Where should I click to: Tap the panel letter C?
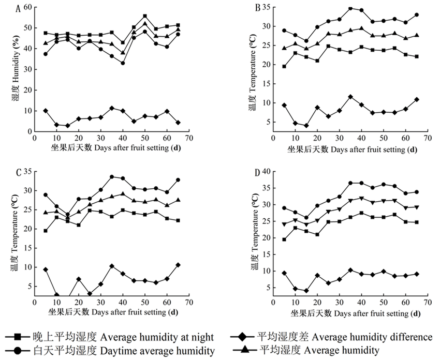(19, 173)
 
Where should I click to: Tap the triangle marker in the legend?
(242, 351)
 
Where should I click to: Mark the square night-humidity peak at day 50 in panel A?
(145, 17)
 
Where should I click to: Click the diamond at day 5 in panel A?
(46, 111)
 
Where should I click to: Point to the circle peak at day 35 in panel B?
(350, 8)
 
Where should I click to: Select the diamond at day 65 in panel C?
(178, 265)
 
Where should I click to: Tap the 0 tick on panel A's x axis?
(35, 139)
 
